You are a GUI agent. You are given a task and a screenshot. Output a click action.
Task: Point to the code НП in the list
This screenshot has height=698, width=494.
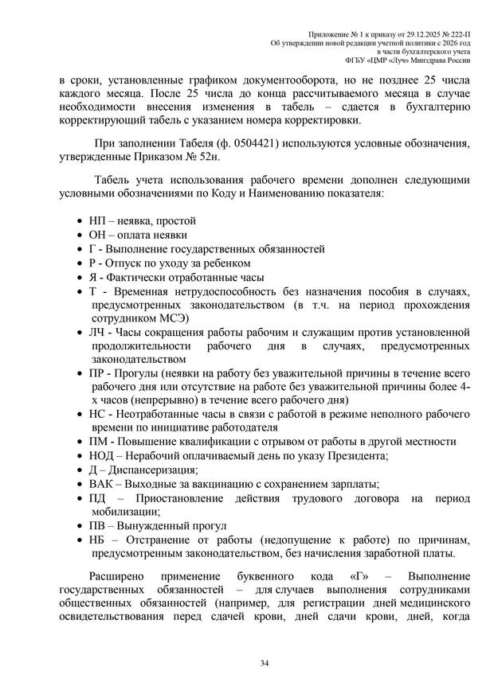(x=99, y=220)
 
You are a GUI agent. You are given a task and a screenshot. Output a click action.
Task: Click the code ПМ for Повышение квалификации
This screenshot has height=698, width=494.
(x=100, y=440)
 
